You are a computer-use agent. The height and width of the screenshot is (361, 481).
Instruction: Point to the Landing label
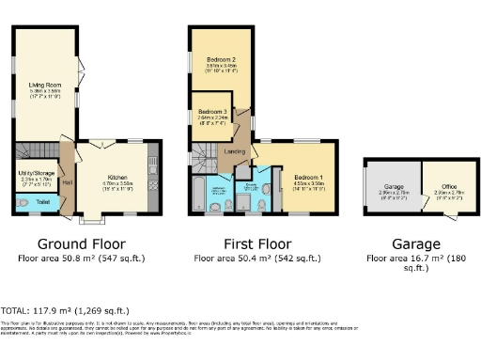[x=235, y=150]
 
